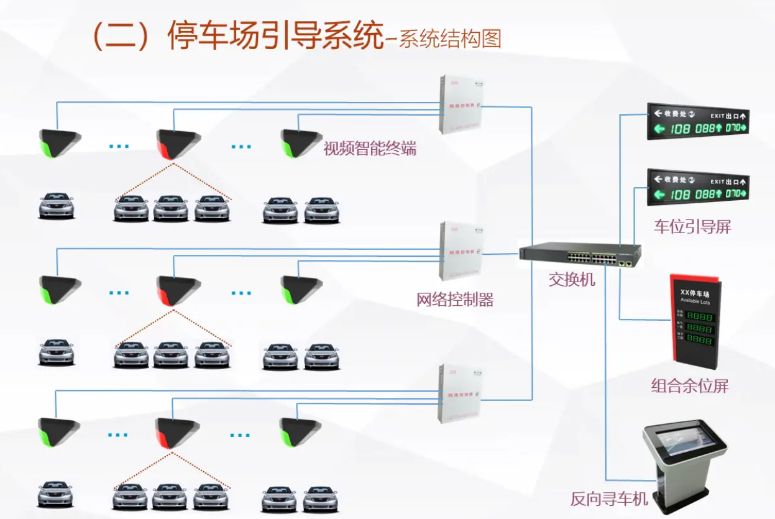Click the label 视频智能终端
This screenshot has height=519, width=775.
pyautogui.click(x=369, y=149)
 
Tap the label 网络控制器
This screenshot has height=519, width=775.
pyautogui.click(x=455, y=300)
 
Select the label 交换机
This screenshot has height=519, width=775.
pyautogui.click(x=571, y=280)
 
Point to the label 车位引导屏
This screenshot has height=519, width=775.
pyautogui.click(x=692, y=227)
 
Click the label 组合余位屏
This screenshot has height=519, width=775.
pyautogui.click(x=690, y=386)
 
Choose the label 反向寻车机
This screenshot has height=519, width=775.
pyautogui.click(x=609, y=498)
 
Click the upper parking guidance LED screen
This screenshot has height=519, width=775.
pyautogui.click(x=698, y=122)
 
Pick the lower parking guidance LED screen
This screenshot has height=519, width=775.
pyautogui.click(x=698, y=188)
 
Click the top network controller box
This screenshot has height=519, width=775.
pyautogui.click(x=461, y=104)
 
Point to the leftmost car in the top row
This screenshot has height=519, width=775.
pyautogui.click(x=57, y=206)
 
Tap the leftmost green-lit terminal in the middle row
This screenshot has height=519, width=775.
pyautogui.click(x=60, y=289)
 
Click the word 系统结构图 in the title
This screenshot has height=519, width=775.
pyautogui.click(x=449, y=39)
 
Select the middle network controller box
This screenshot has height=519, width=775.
pyautogui.click(x=461, y=251)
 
